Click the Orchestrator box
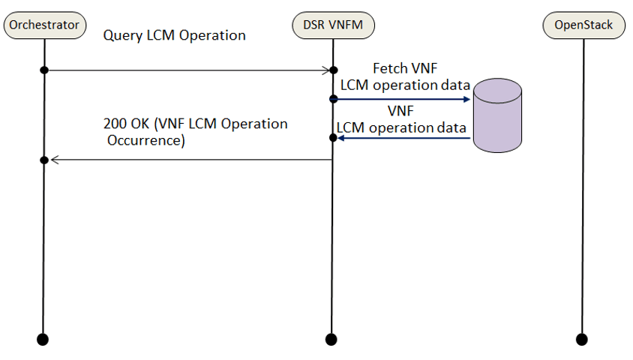(43, 25)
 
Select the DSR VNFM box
(332, 25)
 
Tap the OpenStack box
(583, 25)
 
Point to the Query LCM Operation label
(174, 35)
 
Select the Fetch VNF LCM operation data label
(405, 76)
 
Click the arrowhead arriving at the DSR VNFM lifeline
(327, 70)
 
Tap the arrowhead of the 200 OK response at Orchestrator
(52, 160)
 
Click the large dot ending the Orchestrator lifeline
(43, 339)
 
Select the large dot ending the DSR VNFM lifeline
(332, 339)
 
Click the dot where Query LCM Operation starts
(43, 70)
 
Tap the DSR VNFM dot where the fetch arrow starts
(332, 99)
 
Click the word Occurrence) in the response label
(144, 139)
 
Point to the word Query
(120, 35)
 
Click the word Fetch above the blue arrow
(388, 68)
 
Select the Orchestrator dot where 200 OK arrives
(43, 160)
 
